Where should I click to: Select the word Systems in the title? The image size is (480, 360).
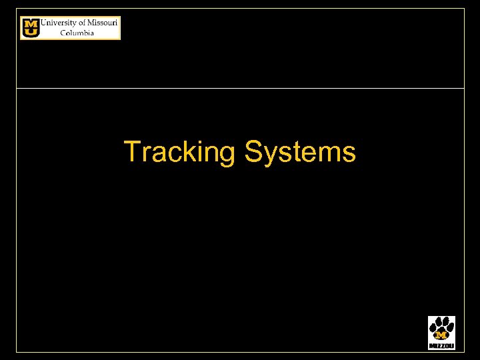pos(300,152)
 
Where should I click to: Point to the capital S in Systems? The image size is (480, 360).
pos(254,151)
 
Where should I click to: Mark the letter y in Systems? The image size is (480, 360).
pos(269,155)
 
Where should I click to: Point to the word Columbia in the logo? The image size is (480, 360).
pos(77,33)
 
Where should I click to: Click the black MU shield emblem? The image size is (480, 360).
pos(31,28)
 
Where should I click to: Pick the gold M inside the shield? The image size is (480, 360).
pos(31,23)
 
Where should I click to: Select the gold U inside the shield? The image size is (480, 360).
pos(31,32)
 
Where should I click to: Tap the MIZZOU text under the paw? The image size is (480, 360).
pos(441,346)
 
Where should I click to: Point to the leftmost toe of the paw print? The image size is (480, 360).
pos(432,329)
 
